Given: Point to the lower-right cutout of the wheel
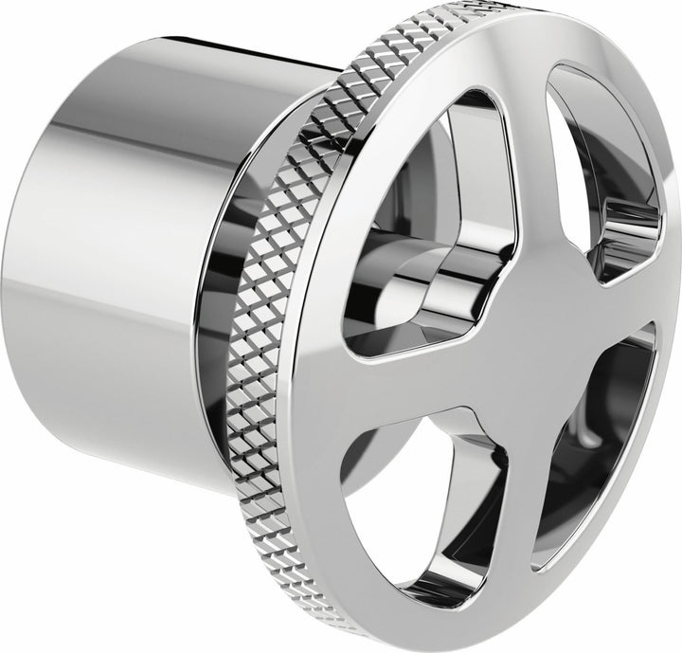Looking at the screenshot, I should click(x=597, y=445).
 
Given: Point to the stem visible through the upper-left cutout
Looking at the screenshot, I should click(x=445, y=275).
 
